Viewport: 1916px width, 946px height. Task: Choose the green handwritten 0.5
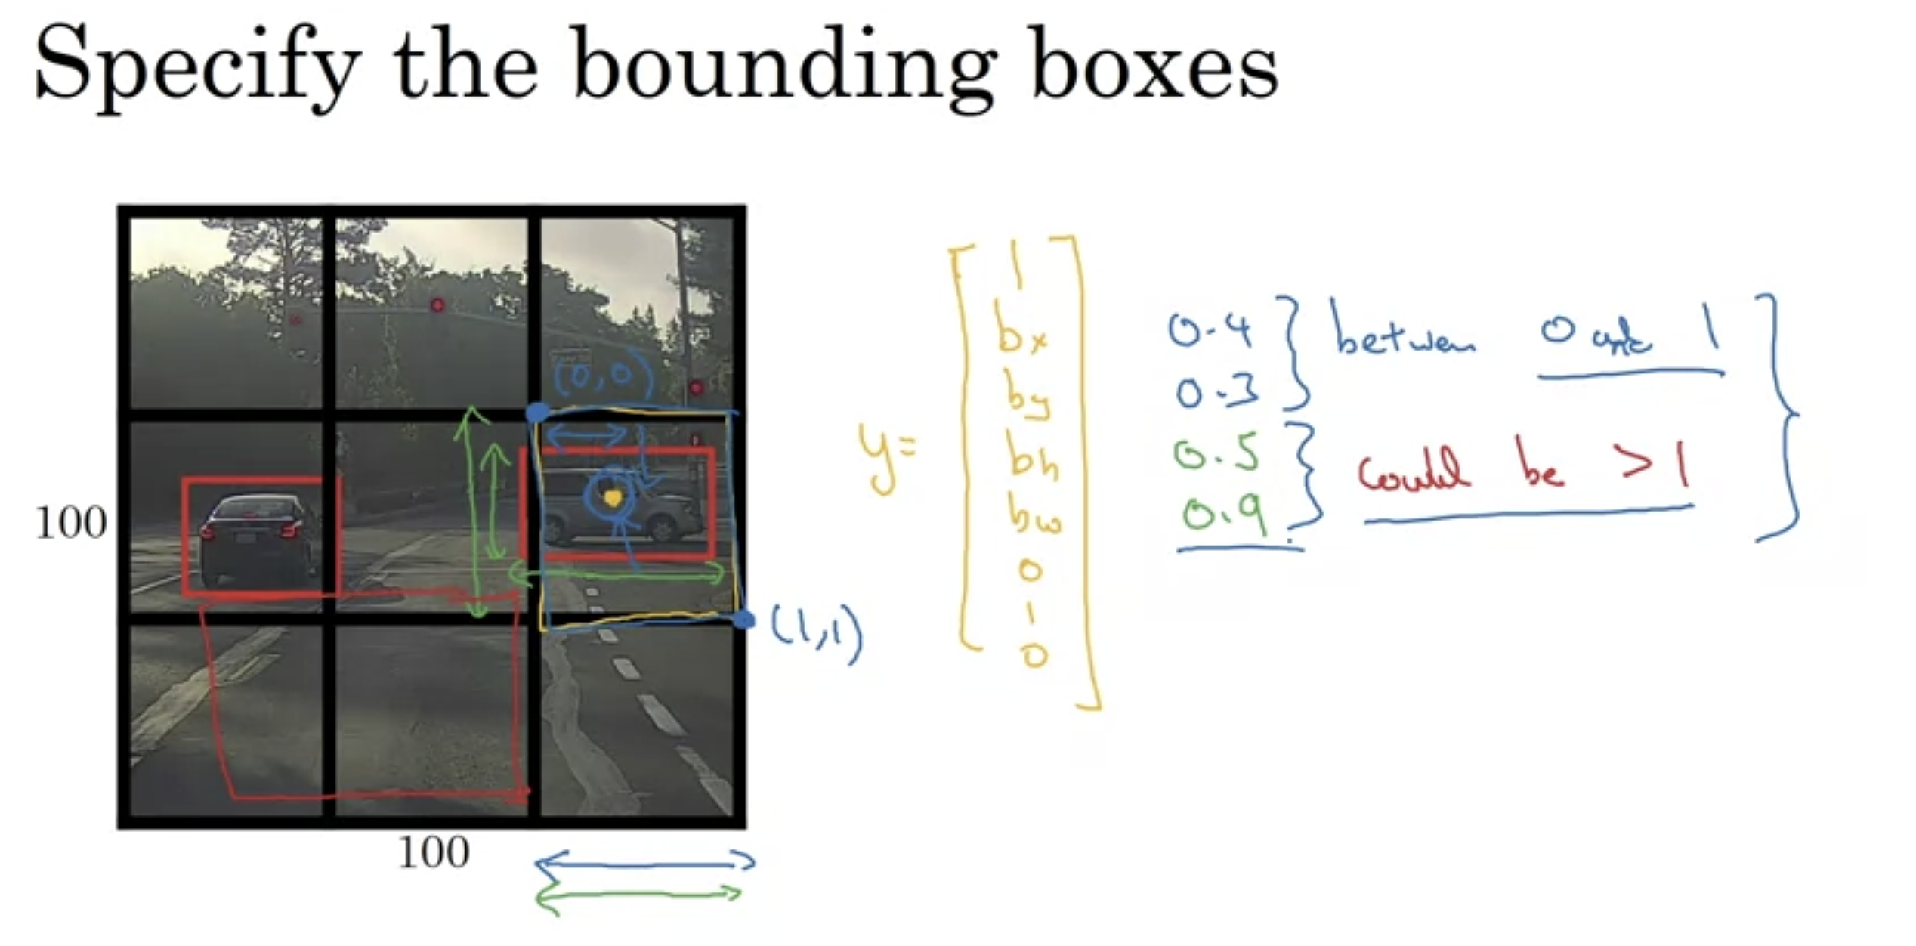[x=1216, y=453]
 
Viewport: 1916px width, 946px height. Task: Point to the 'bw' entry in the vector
[x=1034, y=516]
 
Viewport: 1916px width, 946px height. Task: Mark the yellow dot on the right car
[x=613, y=498]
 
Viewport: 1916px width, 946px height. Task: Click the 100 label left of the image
[x=70, y=523]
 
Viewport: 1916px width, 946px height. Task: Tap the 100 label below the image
[x=433, y=853]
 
